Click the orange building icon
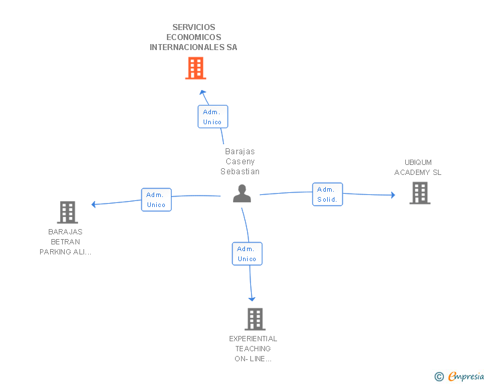(x=196, y=68)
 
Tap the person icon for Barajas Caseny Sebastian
(x=242, y=193)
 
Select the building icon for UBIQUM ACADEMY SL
(x=420, y=193)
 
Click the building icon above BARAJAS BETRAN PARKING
(x=67, y=212)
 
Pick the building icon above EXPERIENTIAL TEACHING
(x=255, y=319)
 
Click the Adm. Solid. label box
(x=327, y=194)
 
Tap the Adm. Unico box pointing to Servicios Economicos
(x=213, y=117)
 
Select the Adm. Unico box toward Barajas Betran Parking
(x=156, y=200)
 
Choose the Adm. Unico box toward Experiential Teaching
(x=247, y=254)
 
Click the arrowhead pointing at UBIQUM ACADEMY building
(x=393, y=195)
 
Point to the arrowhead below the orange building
(x=203, y=92)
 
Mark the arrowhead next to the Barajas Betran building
(x=93, y=204)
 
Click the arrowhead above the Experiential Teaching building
(x=252, y=299)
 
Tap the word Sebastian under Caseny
(x=240, y=172)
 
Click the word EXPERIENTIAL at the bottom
(x=253, y=339)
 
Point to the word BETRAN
(x=65, y=242)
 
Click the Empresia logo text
(x=466, y=376)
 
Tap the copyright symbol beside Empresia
(x=439, y=377)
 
